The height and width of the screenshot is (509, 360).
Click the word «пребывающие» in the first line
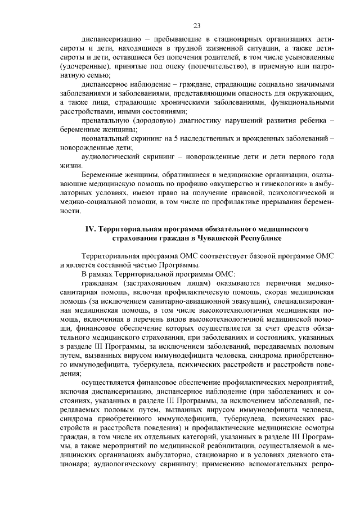192,40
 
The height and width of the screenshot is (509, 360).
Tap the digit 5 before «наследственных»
169,138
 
